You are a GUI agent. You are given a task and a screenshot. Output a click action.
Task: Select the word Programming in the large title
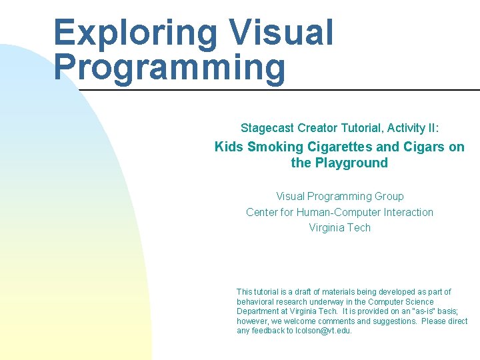pyautogui.click(x=169, y=67)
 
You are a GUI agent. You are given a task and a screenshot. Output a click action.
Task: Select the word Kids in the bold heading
pyautogui.click(x=229, y=147)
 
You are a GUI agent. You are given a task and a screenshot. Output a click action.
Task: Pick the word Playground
pyautogui.click(x=353, y=163)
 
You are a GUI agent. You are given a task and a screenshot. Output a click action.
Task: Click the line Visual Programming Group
pyautogui.click(x=339, y=196)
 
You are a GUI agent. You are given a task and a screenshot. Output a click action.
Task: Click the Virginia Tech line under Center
pyautogui.click(x=339, y=227)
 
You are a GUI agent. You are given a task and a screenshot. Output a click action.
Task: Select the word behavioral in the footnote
pyautogui.click(x=255, y=302)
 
